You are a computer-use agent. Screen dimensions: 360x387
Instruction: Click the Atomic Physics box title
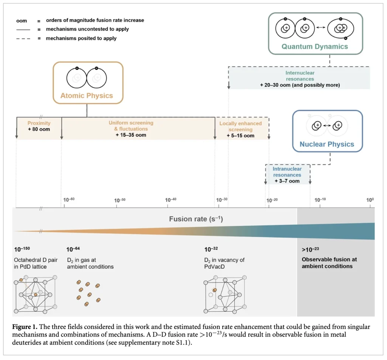coord(87,96)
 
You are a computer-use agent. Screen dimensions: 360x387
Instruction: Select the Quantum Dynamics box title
coord(315,47)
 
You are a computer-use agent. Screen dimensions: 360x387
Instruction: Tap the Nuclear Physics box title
coord(327,144)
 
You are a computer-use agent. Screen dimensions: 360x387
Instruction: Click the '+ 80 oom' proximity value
coord(39,129)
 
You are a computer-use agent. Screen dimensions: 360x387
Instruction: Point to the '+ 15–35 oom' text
coord(131,135)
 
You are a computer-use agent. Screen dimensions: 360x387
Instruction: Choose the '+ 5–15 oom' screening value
coord(240,136)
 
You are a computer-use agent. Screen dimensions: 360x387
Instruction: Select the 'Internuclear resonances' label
coord(300,76)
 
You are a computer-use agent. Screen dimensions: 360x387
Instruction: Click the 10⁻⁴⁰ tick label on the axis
coord(171,199)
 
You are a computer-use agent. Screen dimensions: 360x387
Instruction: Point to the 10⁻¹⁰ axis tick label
coord(320,199)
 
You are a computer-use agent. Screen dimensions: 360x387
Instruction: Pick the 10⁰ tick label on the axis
coord(370,199)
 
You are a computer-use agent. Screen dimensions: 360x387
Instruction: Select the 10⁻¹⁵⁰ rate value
coord(22,249)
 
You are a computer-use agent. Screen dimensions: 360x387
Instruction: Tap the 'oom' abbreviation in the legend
coord(22,20)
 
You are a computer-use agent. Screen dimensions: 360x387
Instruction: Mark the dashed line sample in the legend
coord(23,38)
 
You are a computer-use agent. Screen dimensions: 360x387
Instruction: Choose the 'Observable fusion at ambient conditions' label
coord(329,263)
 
